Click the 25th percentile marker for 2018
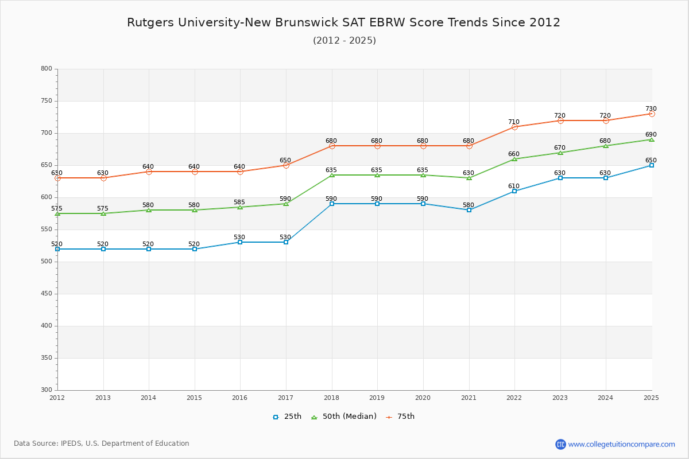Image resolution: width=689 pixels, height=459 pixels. (332, 204)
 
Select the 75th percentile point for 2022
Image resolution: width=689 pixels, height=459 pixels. (514, 127)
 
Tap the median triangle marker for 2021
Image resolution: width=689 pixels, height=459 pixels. (469, 178)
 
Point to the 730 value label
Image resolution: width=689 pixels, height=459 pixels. (651, 109)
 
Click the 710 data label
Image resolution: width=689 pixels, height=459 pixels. (513, 122)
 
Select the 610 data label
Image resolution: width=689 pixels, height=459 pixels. (513, 186)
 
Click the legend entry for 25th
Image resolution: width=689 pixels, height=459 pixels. (287, 417)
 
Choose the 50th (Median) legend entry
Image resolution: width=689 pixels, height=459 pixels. (344, 417)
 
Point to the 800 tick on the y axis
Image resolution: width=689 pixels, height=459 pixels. (46, 69)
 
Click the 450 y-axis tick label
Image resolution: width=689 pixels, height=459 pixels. (46, 294)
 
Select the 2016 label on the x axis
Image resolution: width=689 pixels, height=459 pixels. (239, 398)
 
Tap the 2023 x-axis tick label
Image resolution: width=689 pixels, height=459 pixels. (560, 398)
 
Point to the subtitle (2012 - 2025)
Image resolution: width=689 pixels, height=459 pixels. (344, 41)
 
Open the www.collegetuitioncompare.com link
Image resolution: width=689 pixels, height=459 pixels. (621, 444)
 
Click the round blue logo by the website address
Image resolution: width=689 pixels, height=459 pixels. (560, 444)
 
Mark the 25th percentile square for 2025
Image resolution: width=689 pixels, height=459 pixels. (652, 165)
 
